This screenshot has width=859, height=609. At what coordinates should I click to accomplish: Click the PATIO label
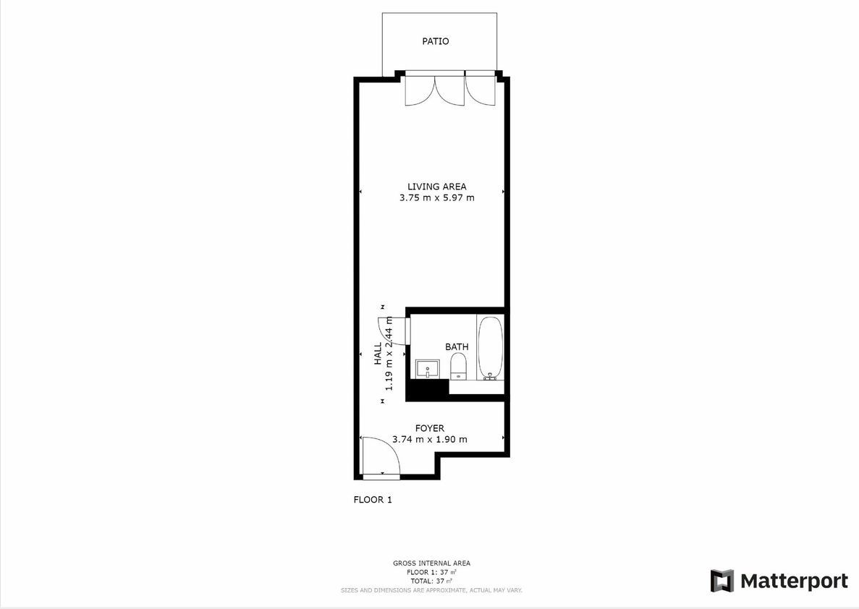pos(435,41)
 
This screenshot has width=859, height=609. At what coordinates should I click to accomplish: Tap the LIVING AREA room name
pos(436,187)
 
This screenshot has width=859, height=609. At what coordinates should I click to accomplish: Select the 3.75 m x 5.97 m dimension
pos(436,197)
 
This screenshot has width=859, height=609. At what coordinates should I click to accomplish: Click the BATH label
pos(457,346)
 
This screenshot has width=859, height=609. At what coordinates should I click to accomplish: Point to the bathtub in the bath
pos(490,348)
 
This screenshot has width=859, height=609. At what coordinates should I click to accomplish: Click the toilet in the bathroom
pos(457,366)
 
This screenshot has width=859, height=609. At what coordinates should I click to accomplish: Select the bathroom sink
pos(427,369)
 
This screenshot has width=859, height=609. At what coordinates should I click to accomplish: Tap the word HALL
pos(378,354)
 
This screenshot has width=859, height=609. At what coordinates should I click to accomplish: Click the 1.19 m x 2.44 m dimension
pos(389,354)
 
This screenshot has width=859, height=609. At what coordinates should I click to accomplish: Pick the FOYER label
pos(430,428)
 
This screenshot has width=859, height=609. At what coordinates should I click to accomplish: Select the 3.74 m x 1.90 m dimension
pos(430,439)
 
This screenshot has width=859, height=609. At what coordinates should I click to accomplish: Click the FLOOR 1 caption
pos(373,500)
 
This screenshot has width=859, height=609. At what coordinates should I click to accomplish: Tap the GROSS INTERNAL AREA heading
pos(431,563)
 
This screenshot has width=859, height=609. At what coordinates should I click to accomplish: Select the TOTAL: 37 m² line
pos(431,581)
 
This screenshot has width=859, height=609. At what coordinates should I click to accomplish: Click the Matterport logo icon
pos(722,581)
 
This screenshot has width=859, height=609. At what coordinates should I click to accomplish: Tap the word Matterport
pos(794,581)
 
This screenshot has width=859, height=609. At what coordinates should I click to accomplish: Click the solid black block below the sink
pos(427,389)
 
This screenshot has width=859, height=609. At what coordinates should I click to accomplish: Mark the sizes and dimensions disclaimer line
pos(431,590)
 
